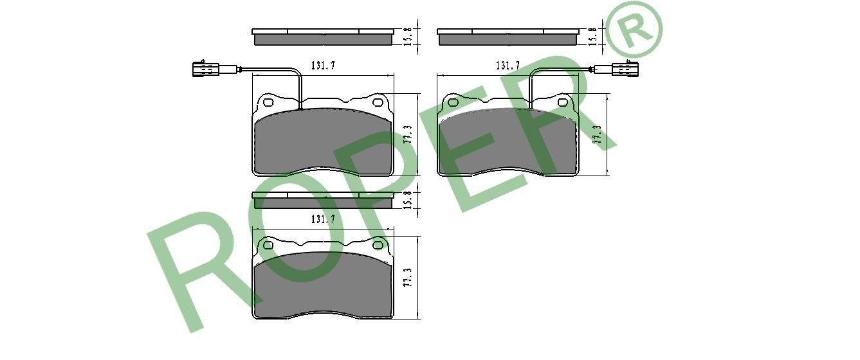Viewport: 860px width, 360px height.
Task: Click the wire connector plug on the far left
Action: tap(205, 69)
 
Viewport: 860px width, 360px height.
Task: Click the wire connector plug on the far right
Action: tap(625, 69)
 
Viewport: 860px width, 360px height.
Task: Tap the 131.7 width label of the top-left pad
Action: tap(323, 66)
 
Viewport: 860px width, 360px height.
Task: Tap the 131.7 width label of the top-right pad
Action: tap(508, 66)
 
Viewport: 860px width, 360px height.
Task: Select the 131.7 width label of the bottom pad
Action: tap(323, 219)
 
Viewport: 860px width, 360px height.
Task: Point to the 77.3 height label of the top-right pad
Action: tap(598, 134)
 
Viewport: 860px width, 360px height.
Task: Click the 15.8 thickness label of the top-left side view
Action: tap(408, 37)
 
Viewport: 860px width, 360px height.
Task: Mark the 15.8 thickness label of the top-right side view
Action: tap(593, 37)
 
